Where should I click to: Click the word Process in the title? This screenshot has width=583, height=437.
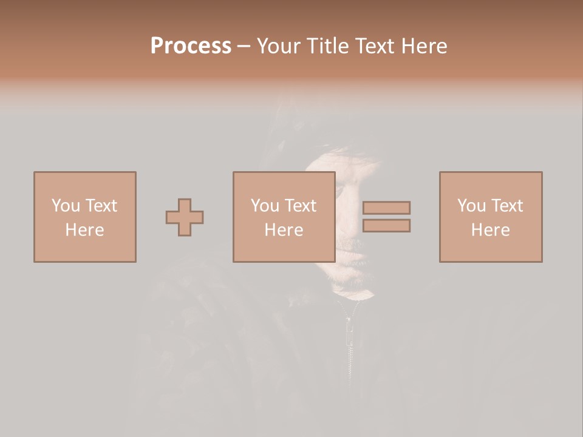191,46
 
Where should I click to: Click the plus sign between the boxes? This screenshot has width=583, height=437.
185,217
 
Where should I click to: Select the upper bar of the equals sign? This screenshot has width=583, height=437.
386,208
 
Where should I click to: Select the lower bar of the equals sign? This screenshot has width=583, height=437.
386,225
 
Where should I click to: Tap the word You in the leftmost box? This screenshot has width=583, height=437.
66,206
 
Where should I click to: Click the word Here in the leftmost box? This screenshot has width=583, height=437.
84,230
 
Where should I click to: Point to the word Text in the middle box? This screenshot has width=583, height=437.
300,206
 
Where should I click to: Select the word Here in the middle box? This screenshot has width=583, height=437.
284,230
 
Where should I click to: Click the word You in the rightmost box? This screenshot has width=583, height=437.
472,206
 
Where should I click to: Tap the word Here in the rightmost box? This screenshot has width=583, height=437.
491,230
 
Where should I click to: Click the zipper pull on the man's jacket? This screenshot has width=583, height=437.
350,331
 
